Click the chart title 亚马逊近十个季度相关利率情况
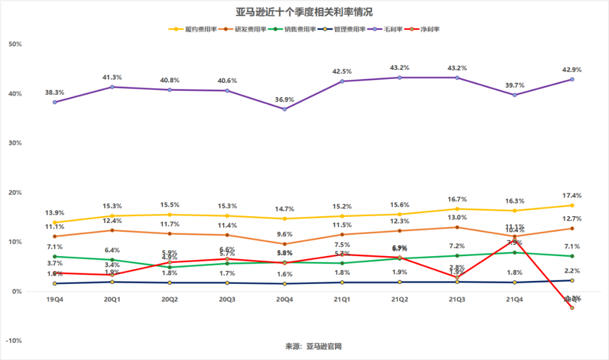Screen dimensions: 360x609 (304, 12)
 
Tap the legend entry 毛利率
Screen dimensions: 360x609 (395, 29)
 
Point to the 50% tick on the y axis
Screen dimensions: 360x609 (15, 44)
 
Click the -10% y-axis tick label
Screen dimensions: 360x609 (14, 341)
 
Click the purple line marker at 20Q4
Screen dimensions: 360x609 (285, 109)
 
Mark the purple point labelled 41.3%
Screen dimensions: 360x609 (112, 87)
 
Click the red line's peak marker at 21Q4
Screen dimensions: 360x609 (514, 240)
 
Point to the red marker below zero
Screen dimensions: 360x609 (572, 308)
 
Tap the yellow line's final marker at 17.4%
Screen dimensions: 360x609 (572, 205)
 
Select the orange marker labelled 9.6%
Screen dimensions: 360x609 (285, 244)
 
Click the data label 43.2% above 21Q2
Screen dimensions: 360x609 (400, 68)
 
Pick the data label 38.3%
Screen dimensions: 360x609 (55, 93)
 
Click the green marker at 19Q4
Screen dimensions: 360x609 (55, 256)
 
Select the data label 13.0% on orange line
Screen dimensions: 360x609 (457, 218)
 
